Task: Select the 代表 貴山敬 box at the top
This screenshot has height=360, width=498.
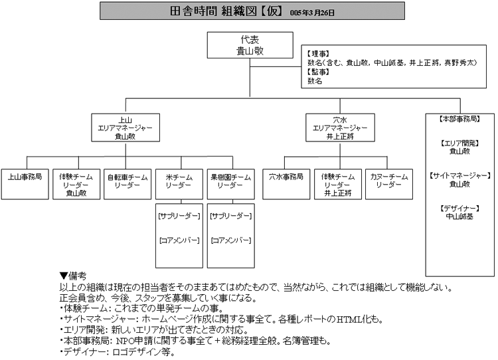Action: point(249,45)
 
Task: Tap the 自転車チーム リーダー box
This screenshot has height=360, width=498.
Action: point(127,181)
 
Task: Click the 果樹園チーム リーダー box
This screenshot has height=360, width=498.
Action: point(230,181)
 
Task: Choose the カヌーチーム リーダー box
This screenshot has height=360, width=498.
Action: point(389,181)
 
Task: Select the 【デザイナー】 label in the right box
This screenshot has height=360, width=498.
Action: point(459,208)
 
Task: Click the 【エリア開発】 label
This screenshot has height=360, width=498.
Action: point(459,143)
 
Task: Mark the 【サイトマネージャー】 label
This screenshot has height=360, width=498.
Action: point(459,175)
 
